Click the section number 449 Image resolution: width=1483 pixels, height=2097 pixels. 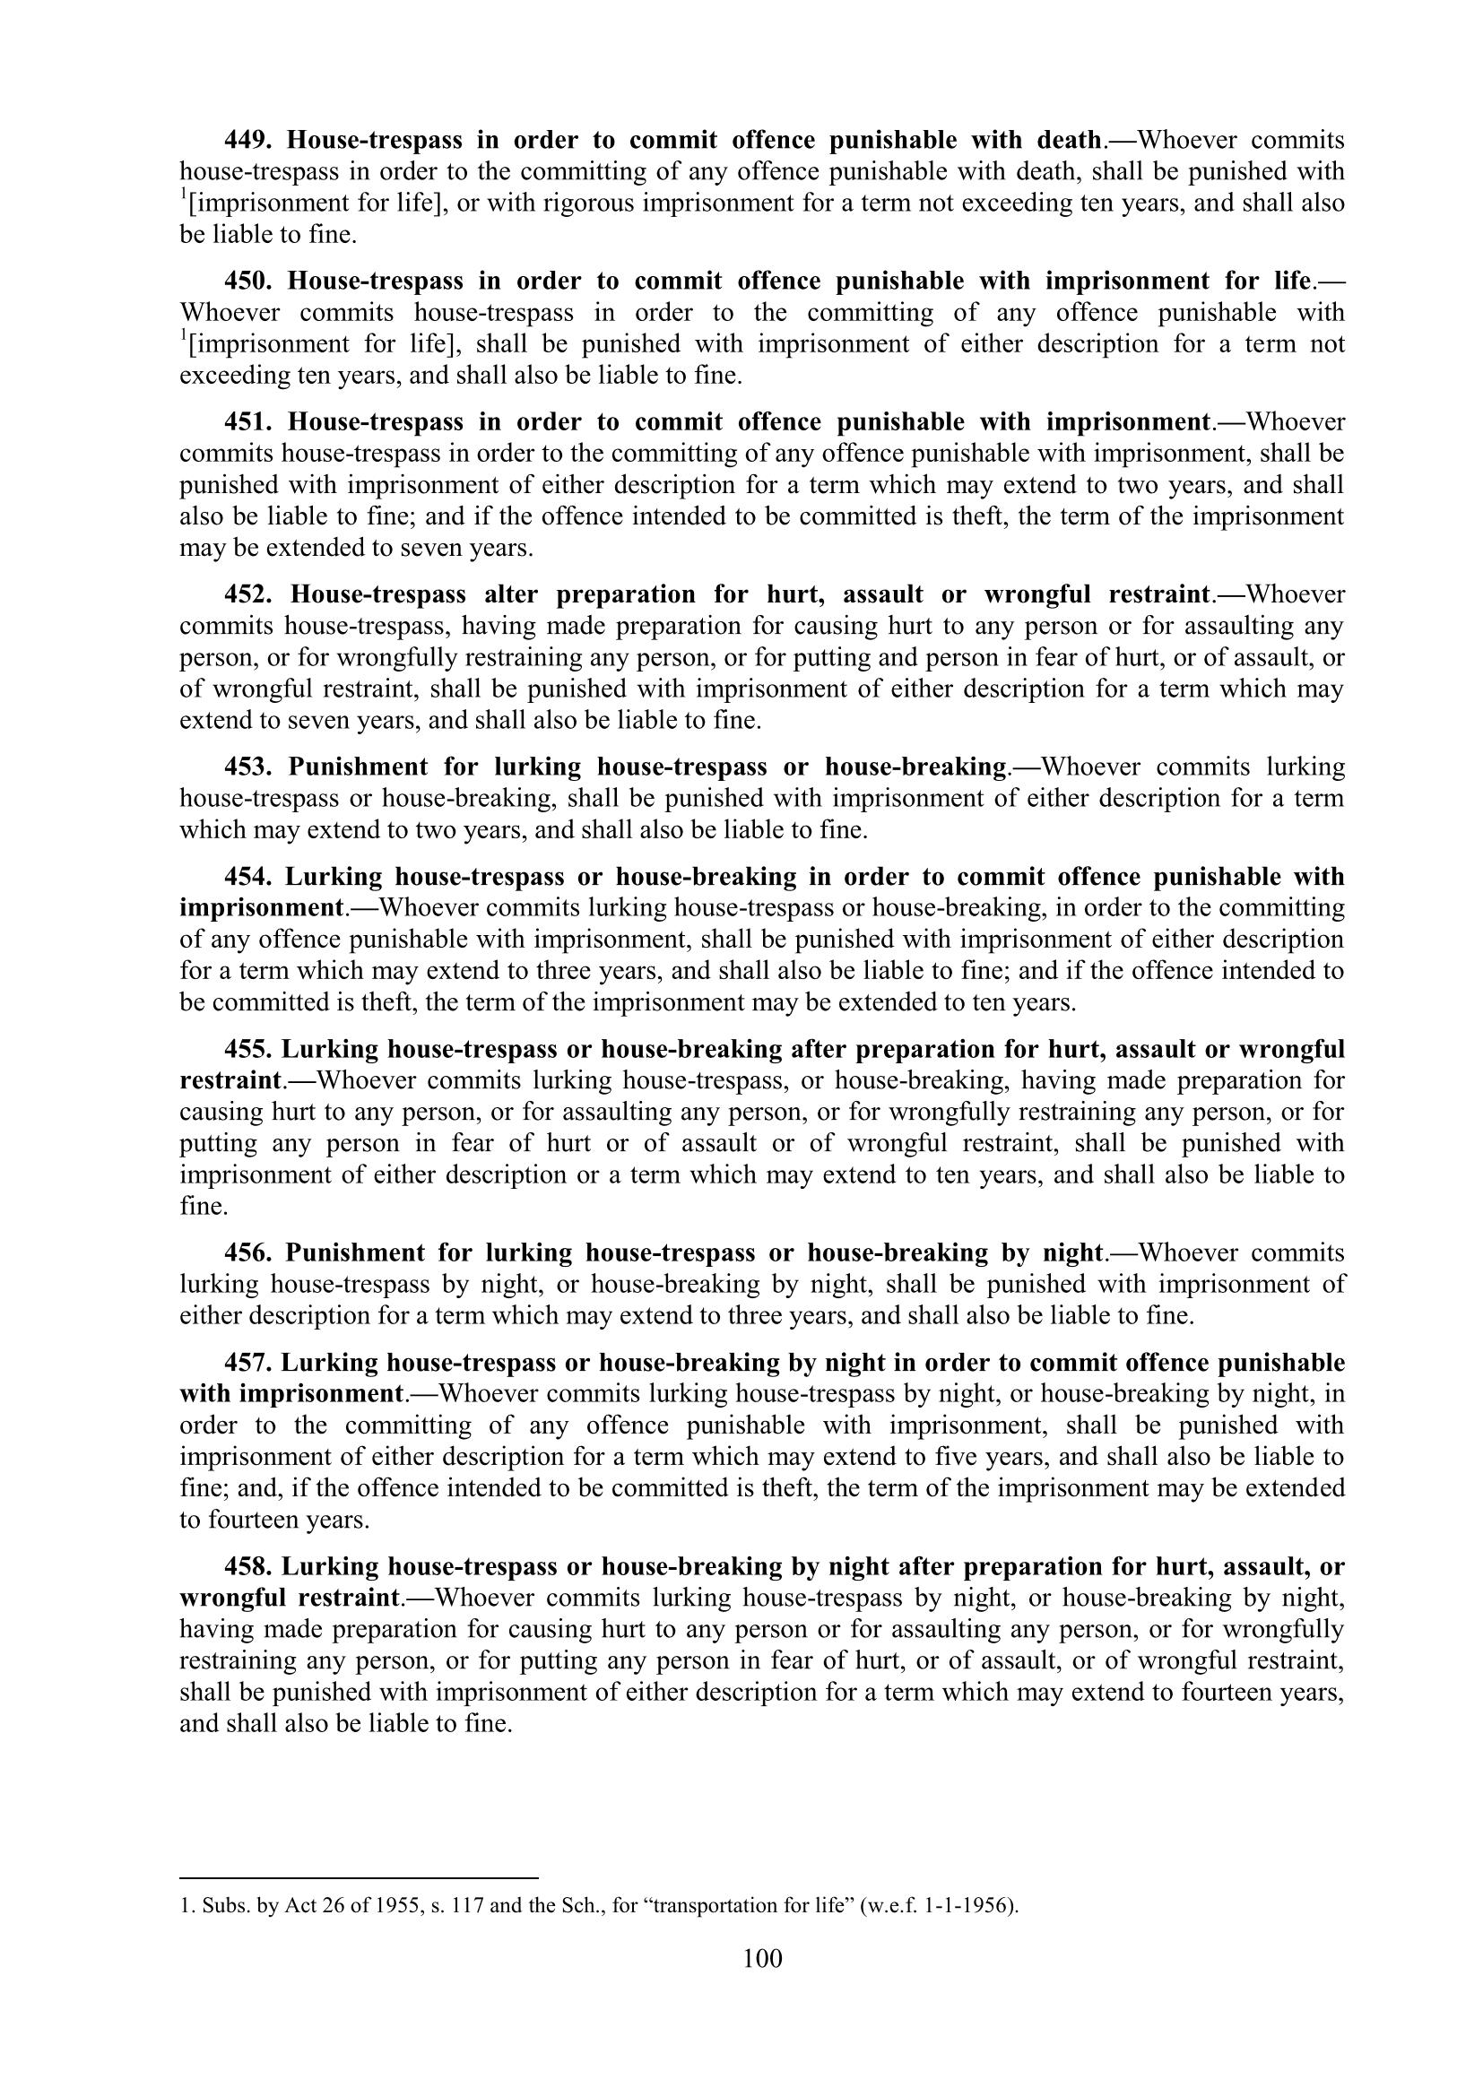pos(247,141)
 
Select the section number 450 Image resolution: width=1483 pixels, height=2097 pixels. pos(247,282)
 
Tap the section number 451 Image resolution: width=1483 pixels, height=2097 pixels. pos(247,422)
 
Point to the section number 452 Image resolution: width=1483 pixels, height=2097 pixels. pos(247,594)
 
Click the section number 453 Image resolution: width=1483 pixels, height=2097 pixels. pos(247,767)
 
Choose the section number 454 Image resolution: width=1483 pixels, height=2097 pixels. pos(247,877)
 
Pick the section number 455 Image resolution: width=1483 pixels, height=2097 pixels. pos(247,1050)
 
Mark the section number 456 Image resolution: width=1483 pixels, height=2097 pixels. pos(247,1253)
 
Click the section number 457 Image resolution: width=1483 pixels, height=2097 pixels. pos(247,1363)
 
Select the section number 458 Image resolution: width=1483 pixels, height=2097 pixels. pos(247,1566)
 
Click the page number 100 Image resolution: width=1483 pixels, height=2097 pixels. pos(762,1958)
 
